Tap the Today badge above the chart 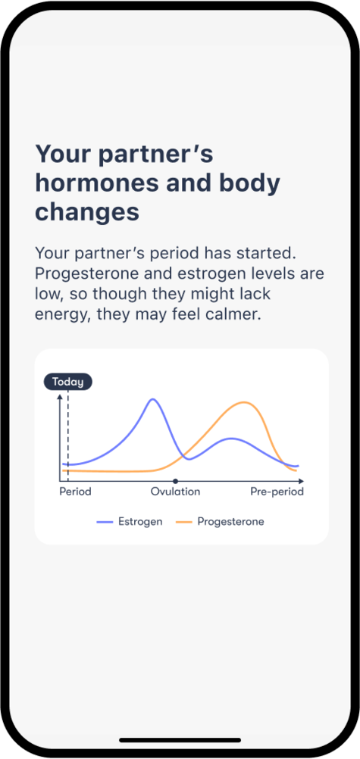pyautogui.click(x=68, y=382)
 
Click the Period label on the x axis pyautogui.click(x=75, y=492)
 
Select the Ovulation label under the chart pyautogui.click(x=175, y=492)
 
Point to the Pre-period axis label pyautogui.click(x=277, y=492)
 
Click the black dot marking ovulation pyautogui.click(x=175, y=481)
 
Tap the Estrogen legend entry pyautogui.click(x=130, y=522)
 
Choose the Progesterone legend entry pyautogui.click(x=220, y=522)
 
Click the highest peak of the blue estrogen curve pyautogui.click(x=153, y=399)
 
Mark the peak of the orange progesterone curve pyautogui.click(x=245, y=402)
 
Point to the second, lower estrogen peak pyautogui.click(x=231, y=439)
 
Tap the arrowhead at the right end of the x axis pyautogui.click(x=302, y=481)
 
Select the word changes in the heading pyautogui.click(x=87, y=213)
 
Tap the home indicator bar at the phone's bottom pyautogui.click(x=180, y=740)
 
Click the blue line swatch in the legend pyautogui.click(x=105, y=523)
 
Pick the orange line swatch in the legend pyautogui.click(x=184, y=523)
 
